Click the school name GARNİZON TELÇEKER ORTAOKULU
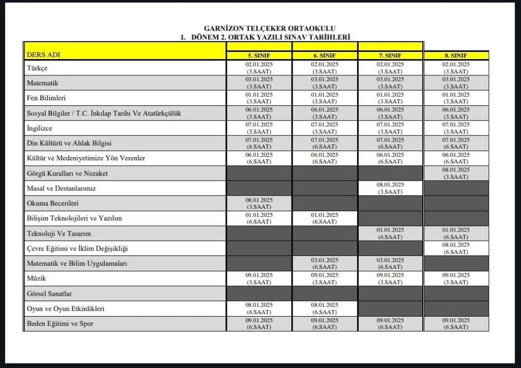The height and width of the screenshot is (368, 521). point(270,29)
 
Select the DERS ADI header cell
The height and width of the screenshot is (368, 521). point(47,55)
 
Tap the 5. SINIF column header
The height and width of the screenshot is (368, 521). point(259,55)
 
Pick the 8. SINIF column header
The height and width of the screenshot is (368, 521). point(456,55)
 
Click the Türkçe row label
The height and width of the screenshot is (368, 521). point(37,68)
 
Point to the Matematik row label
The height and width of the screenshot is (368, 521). point(43,82)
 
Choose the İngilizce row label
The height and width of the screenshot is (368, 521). point(39,128)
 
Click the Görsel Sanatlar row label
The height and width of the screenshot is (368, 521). point(50,294)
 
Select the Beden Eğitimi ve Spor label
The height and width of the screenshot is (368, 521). point(60,324)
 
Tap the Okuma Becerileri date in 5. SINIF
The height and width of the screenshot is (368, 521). point(259,203)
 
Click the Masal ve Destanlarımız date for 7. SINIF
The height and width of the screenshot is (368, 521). point(390,188)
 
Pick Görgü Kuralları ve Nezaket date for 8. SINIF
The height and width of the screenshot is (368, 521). point(456,173)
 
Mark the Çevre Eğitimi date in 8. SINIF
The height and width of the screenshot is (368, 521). point(456,248)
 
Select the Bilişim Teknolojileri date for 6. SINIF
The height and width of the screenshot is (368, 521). point(325,218)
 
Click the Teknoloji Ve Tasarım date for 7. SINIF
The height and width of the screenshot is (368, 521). point(390,233)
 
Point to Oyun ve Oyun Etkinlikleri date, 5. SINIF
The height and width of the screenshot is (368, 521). point(259,308)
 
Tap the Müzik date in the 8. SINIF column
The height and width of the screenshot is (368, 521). point(456,278)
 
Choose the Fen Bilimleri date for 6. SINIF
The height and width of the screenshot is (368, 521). point(325,98)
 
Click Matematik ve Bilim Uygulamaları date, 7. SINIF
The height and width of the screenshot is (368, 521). point(390,263)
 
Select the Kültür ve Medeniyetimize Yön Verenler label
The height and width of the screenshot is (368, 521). point(86,158)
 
